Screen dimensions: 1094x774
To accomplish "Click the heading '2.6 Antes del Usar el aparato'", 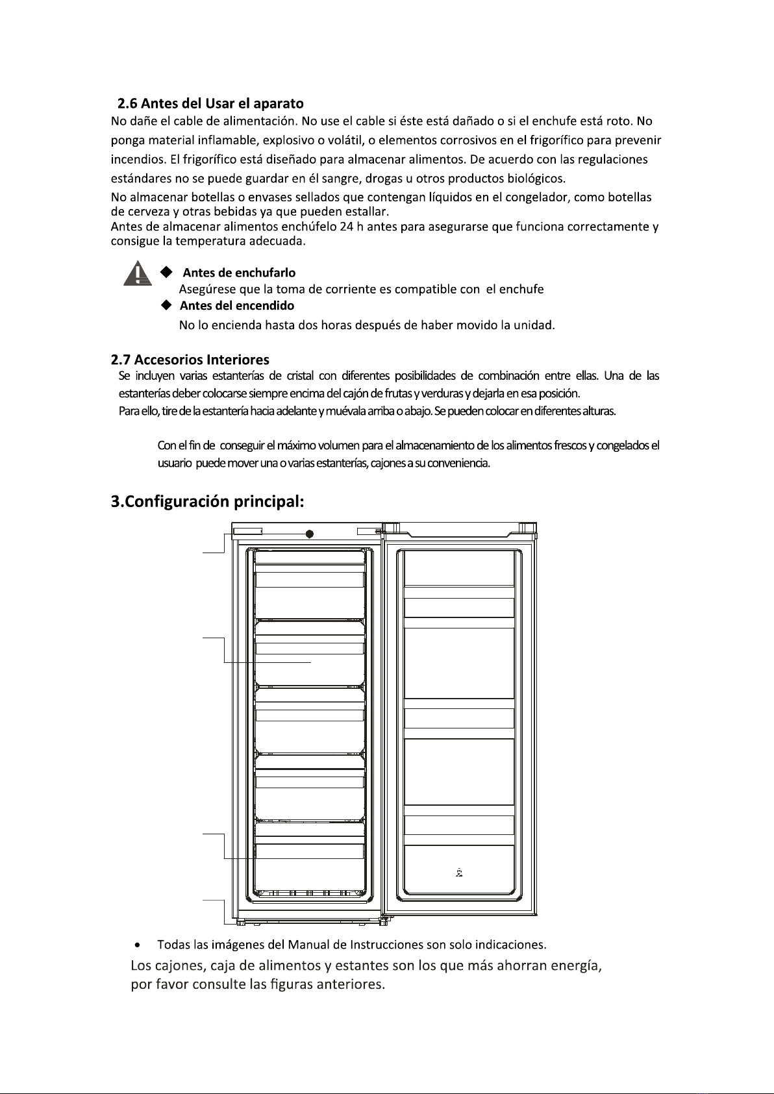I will coord(210,103).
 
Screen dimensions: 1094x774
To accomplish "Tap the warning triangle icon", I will coord(137,273).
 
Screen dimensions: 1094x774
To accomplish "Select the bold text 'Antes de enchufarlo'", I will coord(239,273).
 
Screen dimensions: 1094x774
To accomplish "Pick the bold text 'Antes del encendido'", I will coord(237,306).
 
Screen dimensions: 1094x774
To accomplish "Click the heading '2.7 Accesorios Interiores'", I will coord(190,359).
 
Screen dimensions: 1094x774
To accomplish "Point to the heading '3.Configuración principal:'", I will coord(208,502).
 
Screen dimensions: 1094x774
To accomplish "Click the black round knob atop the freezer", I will coord(310,534).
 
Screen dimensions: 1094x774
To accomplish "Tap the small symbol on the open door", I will coord(459,873).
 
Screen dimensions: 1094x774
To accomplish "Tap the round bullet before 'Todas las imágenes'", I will coord(138,943).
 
